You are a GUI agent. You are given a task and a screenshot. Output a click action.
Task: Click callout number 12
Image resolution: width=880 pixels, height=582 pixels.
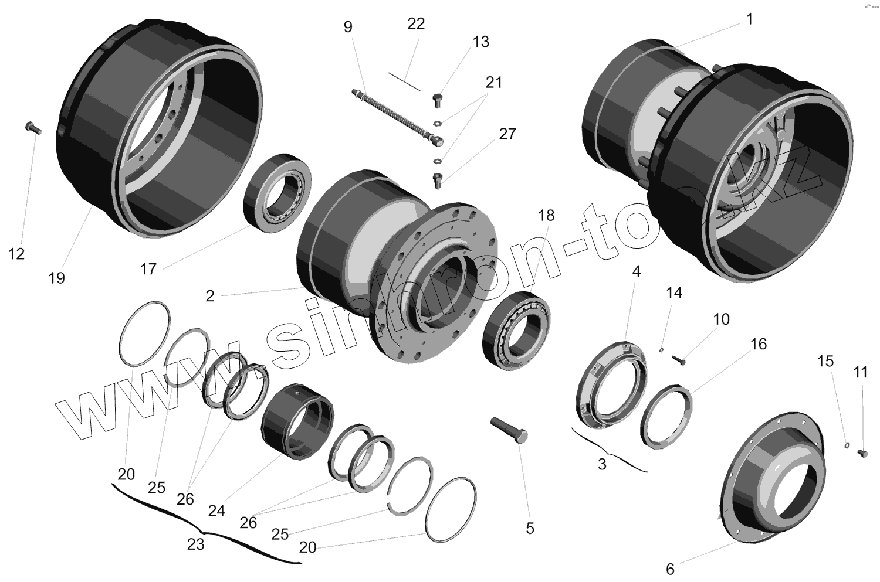(x=16, y=254)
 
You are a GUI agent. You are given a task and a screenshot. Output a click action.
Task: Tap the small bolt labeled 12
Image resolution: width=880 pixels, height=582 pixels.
(x=32, y=128)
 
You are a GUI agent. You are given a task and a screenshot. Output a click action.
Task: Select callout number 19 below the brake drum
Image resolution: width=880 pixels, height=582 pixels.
(x=56, y=278)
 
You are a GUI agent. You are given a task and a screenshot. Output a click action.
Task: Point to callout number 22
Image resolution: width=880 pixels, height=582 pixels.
(x=416, y=24)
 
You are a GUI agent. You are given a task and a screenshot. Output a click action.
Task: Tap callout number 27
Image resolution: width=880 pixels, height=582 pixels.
(x=507, y=134)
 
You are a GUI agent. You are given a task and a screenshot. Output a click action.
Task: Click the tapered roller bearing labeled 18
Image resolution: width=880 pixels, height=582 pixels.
(x=516, y=331)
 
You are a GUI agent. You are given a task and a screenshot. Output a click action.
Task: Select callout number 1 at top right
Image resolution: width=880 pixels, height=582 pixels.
(x=749, y=19)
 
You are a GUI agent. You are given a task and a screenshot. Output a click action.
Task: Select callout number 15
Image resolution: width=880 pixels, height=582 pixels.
(x=825, y=362)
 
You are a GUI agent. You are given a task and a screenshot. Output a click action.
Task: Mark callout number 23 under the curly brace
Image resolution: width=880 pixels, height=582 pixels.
(x=195, y=544)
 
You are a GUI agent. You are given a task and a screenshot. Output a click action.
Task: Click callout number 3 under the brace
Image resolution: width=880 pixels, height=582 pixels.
(x=602, y=464)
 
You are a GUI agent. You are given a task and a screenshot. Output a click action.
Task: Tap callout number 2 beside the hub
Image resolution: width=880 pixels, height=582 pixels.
(x=210, y=296)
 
